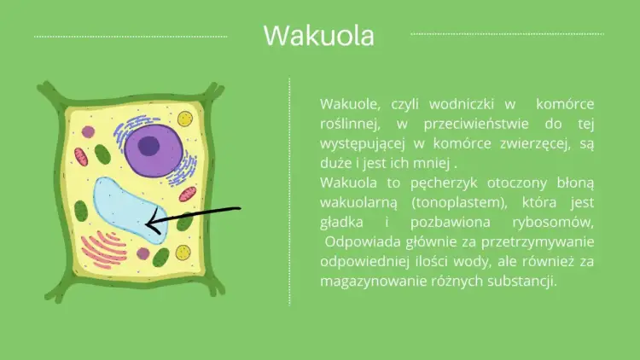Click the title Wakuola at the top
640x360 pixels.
[x=319, y=37]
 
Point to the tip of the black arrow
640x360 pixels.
[x=148, y=224]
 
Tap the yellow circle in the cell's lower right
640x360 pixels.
[x=183, y=253]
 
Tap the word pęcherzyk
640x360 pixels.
[x=426, y=183]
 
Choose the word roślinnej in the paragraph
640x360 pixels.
[x=346, y=124]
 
